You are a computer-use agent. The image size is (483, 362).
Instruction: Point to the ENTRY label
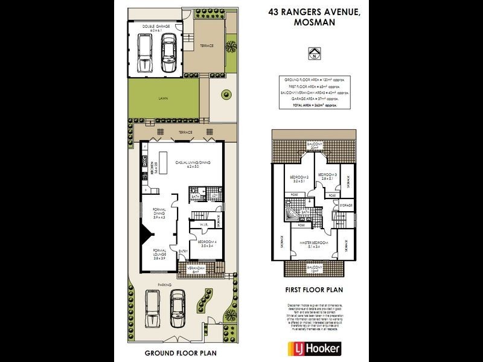(x=182, y=252)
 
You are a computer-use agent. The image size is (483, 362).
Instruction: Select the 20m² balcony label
(x=313, y=147)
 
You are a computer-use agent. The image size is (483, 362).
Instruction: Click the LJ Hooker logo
(x=313, y=349)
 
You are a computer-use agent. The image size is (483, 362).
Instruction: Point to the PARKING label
(x=164, y=285)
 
